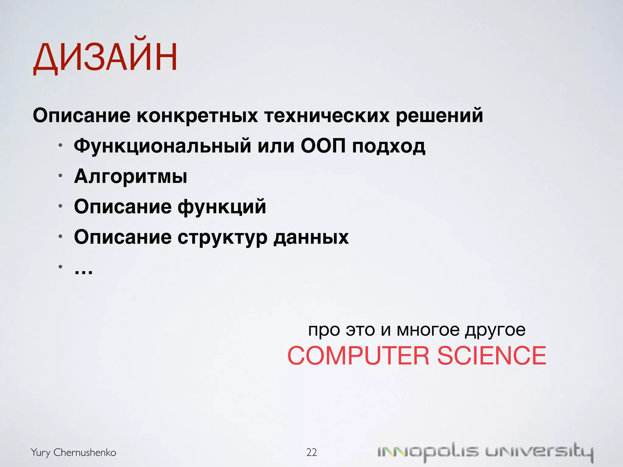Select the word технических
(x=327, y=116)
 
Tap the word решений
(x=439, y=116)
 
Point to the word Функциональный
(x=162, y=146)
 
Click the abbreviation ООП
(x=323, y=146)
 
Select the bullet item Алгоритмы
(x=131, y=176)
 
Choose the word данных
(x=311, y=237)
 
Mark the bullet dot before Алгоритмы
(x=61, y=175)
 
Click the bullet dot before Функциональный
(x=61, y=145)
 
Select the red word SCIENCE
(x=492, y=356)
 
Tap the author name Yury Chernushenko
(x=73, y=452)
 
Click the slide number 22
(x=311, y=452)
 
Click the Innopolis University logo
(x=485, y=452)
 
